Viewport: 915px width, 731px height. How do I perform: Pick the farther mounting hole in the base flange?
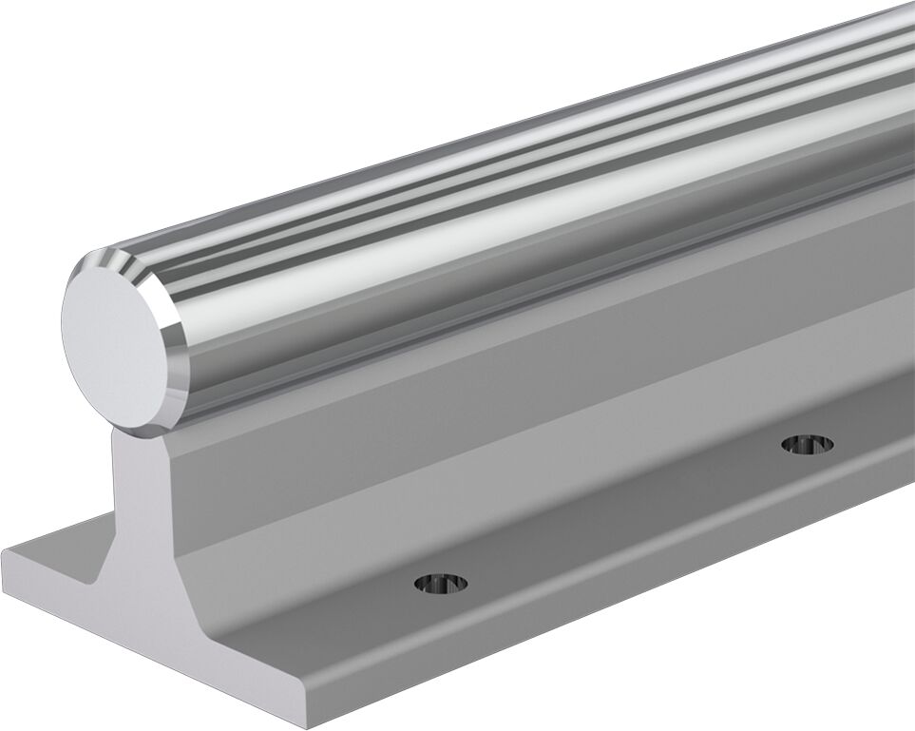tap(807, 443)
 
